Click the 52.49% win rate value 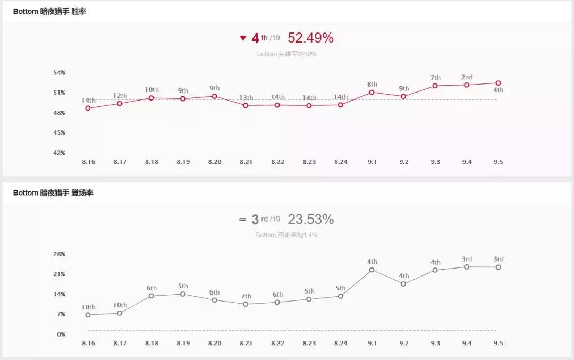(x=310, y=38)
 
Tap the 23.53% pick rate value (x=310, y=220)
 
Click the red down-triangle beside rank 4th (x=243, y=38)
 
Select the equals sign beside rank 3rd (x=242, y=220)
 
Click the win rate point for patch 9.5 (x=499, y=83)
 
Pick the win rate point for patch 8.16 (x=88, y=108)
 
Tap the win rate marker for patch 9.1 (x=372, y=93)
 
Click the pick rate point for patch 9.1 (x=372, y=270)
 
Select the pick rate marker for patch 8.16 (x=88, y=315)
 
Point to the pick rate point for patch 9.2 (x=403, y=284)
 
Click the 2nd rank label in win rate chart (x=467, y=77)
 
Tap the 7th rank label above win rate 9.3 (x=436, y=78)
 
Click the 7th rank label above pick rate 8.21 (x=246, y=296)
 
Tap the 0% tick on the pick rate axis (x=61, y=334)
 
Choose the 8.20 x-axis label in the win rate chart (x=215, y=162)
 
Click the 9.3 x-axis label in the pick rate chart (x=436, y=344)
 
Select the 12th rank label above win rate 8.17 (x=120, y=96)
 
